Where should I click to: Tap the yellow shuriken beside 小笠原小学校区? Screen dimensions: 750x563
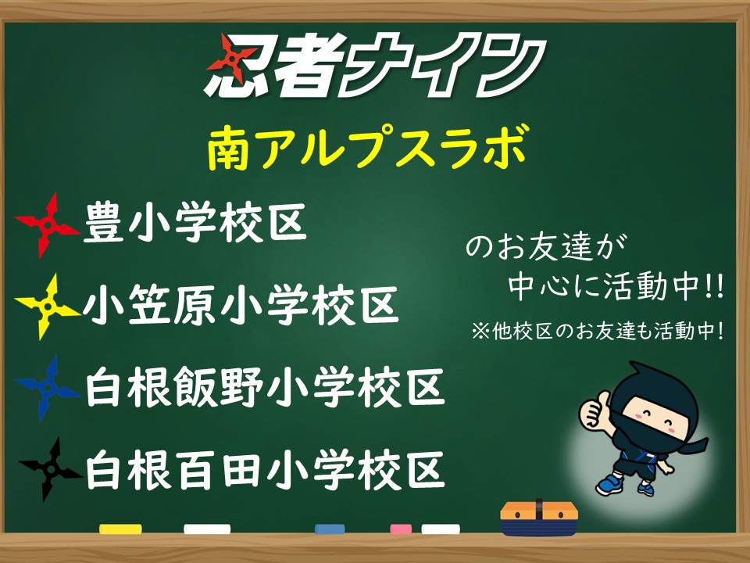tap(47, 307)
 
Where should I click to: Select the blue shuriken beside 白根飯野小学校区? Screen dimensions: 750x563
tap(47, 387)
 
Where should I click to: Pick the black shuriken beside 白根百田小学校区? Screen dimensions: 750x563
tap(49, 468)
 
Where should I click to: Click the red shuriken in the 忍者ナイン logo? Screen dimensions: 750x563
tap(231, 59)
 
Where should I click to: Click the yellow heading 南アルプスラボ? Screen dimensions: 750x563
tap(368, 146)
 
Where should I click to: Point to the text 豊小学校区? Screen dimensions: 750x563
tap(195, 223)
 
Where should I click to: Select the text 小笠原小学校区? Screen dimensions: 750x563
tap(241, 305)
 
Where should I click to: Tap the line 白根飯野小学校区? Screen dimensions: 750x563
tap(265, 387)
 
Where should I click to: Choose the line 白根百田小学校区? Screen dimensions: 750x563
tap(265, 469)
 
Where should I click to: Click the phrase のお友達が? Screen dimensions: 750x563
tap(546, 247)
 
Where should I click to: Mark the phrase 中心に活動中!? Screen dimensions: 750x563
tap(616, 286)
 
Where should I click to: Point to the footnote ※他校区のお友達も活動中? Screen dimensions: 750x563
tap(598, 331)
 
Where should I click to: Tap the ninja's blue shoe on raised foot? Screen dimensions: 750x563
tap(609, 484)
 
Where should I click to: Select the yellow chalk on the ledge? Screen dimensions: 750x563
tap(120, 529)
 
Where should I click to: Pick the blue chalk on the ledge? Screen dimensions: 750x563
tap(330, 529)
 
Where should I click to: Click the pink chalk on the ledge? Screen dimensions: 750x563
tap(401, 529)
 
